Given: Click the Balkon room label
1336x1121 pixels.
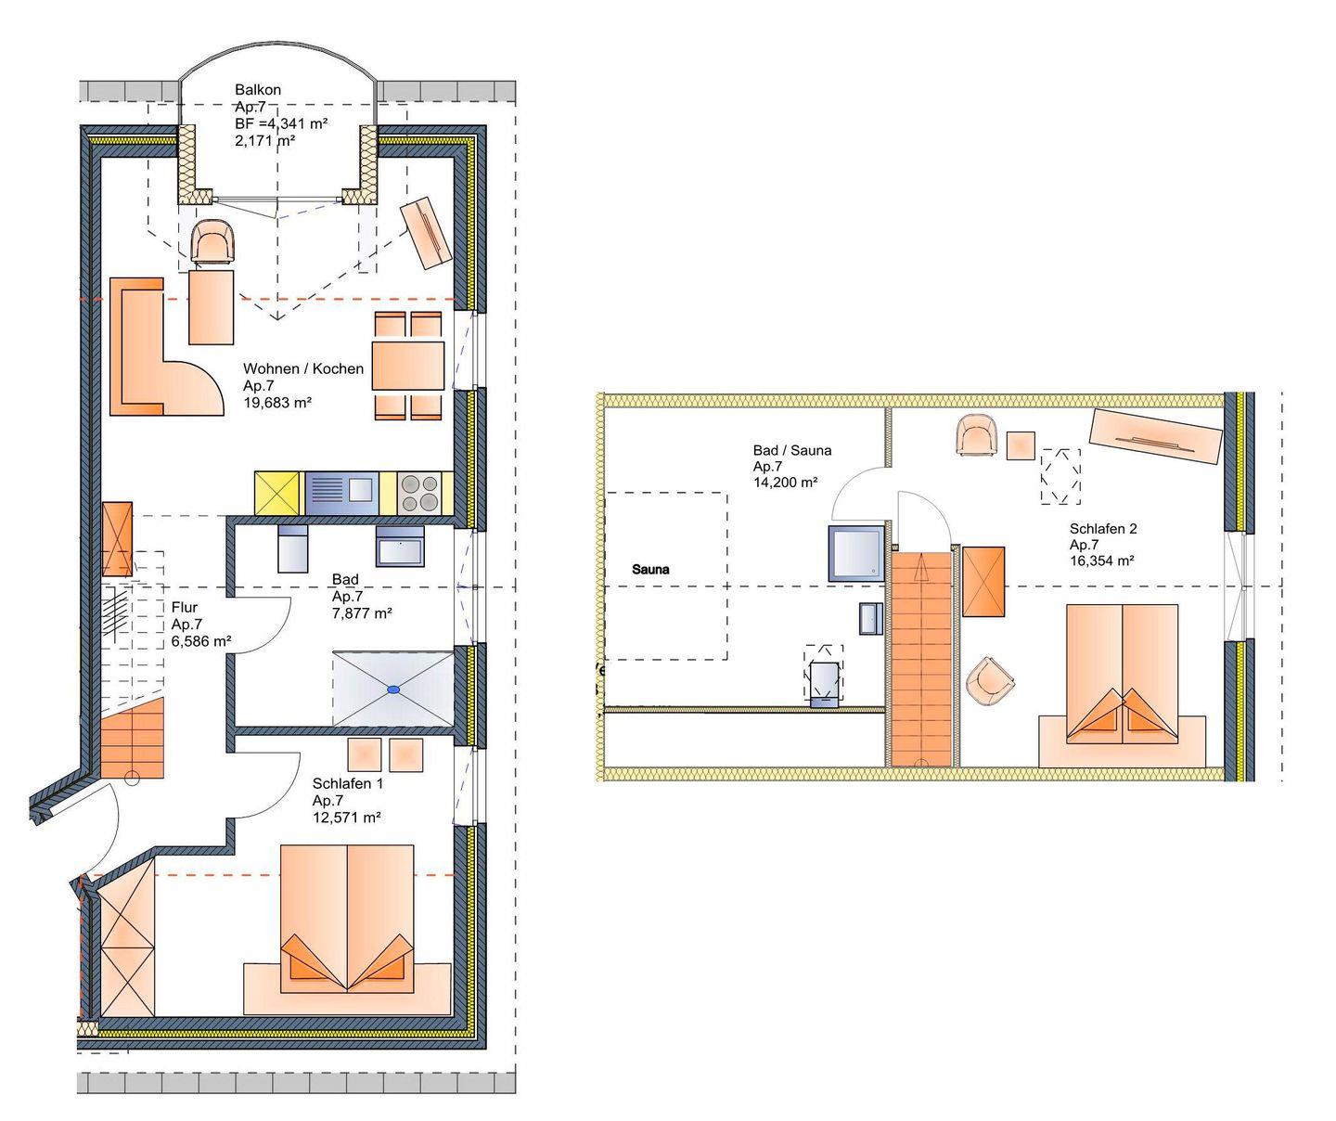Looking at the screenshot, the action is pos(257,90).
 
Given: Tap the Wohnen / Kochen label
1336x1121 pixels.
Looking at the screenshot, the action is pos(302,368).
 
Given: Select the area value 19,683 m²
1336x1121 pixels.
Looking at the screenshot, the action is pos(277,403).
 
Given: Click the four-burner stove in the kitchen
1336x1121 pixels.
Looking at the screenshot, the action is pos(419,493).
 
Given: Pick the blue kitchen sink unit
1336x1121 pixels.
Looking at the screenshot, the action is pos(341,493).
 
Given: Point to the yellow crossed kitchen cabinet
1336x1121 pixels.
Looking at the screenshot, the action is pos(277,493).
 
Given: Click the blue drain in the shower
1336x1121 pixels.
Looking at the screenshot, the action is pos(392,689).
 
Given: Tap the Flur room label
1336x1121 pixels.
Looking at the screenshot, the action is pos(185,607).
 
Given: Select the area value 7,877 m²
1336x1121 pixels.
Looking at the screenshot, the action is pos(362,612).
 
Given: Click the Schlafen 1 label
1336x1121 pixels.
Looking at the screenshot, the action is pos(347,783).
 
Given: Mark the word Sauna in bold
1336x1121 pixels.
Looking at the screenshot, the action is pos(650,569).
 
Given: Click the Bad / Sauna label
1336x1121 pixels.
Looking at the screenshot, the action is pos(792,450).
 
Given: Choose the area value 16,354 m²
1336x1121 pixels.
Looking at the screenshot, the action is pos(1102,560).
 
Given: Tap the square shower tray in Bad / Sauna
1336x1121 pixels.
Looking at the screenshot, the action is pos(856,553).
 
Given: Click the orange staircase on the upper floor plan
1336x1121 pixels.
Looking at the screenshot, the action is pos(921,659).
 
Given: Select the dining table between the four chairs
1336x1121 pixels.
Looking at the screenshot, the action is pos(407,366).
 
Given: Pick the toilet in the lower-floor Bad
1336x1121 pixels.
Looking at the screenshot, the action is pos(292,548).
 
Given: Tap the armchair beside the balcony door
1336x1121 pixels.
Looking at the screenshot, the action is pos(214,240).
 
